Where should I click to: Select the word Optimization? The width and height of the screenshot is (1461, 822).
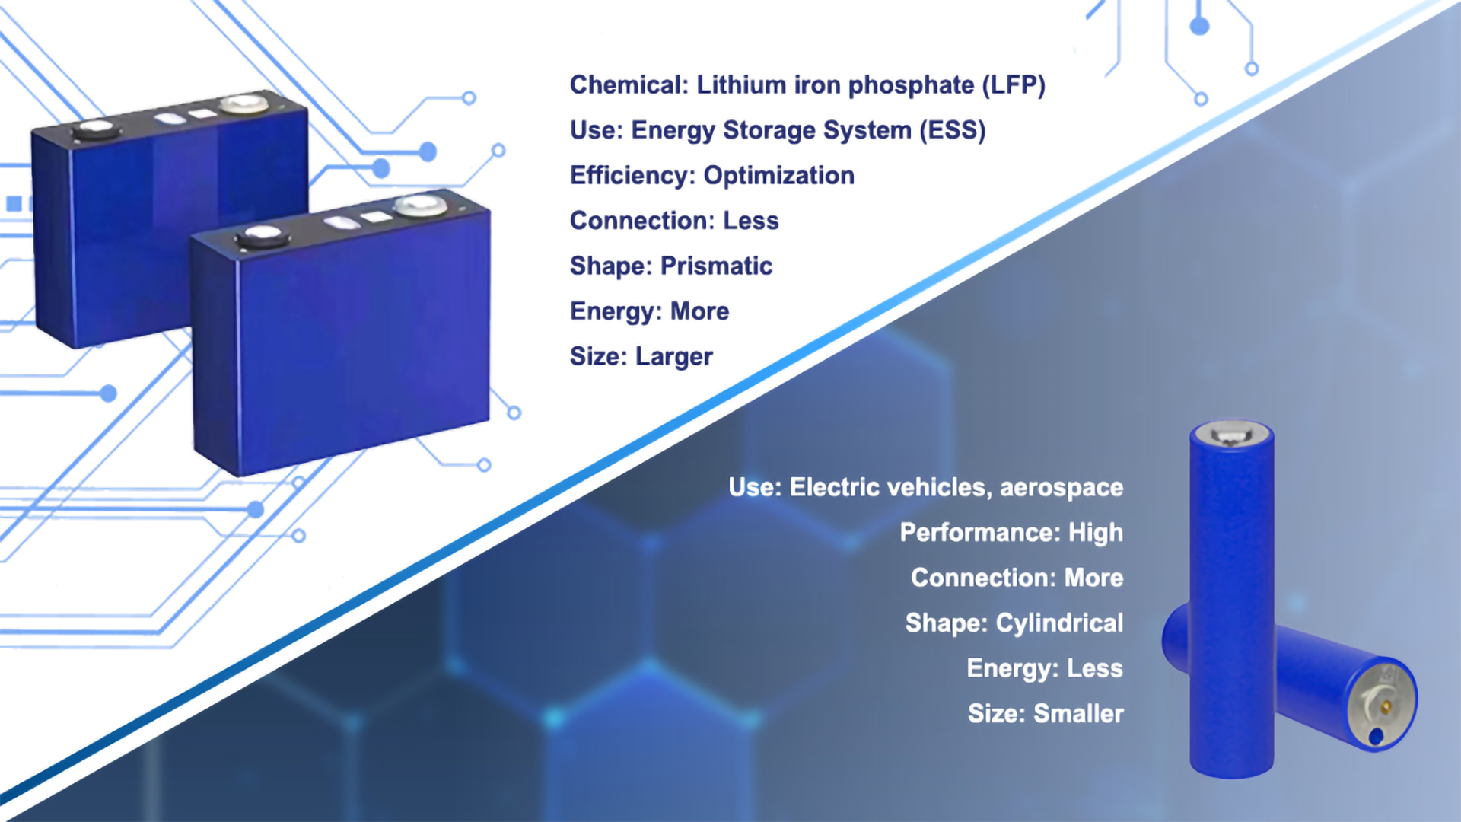[778, 176]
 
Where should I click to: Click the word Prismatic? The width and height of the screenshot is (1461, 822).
[716, 266]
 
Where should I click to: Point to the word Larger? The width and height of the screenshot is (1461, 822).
[673, 357]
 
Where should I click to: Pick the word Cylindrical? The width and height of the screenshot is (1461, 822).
[1059, 623]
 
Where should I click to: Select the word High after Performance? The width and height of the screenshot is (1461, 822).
[1095, 533]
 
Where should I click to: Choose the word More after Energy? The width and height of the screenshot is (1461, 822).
[699, 312]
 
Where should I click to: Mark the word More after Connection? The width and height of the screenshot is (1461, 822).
[1093, 578]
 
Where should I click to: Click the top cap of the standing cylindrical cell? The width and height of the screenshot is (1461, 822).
[1231, 434]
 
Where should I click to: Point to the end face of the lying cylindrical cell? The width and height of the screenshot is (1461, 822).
[1381, 704]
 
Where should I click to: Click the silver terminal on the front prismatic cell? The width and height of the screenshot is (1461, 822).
[420, 205]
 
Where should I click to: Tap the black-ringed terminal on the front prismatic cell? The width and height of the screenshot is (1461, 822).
[263, 236]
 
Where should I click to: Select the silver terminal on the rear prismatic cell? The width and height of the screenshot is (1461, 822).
[243, 104]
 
